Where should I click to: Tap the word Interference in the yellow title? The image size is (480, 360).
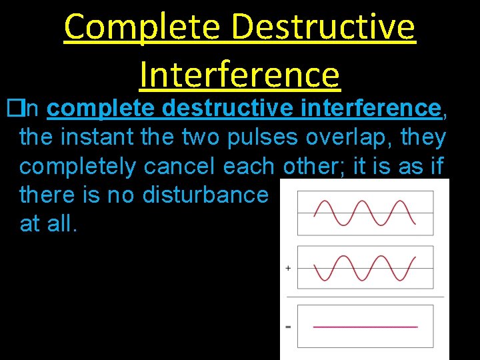coord(239,73)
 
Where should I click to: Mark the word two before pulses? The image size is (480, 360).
coord(203,137)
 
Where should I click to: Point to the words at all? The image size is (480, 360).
coord(49,224)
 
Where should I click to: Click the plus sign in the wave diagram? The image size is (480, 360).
coord(288,268)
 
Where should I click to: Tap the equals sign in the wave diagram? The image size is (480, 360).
coord(288,327)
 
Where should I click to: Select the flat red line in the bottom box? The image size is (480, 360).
coord(365,327)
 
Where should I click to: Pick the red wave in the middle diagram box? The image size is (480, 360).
coord(365,268)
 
